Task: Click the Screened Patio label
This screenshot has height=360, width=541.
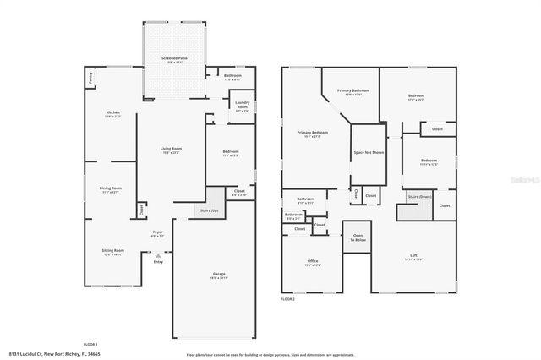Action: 174,59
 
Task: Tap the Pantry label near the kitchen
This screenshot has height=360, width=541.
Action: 90,77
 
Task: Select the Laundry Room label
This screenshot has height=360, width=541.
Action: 242,106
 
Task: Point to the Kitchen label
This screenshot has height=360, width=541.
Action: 112,114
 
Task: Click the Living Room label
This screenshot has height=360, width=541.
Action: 172,150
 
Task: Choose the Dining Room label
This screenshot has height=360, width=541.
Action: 112,189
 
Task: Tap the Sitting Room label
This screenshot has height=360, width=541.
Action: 113,252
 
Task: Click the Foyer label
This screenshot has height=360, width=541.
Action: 157,232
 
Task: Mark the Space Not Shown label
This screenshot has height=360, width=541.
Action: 369,153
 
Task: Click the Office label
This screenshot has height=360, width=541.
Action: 312,262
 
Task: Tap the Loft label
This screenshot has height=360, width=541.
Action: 413,257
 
